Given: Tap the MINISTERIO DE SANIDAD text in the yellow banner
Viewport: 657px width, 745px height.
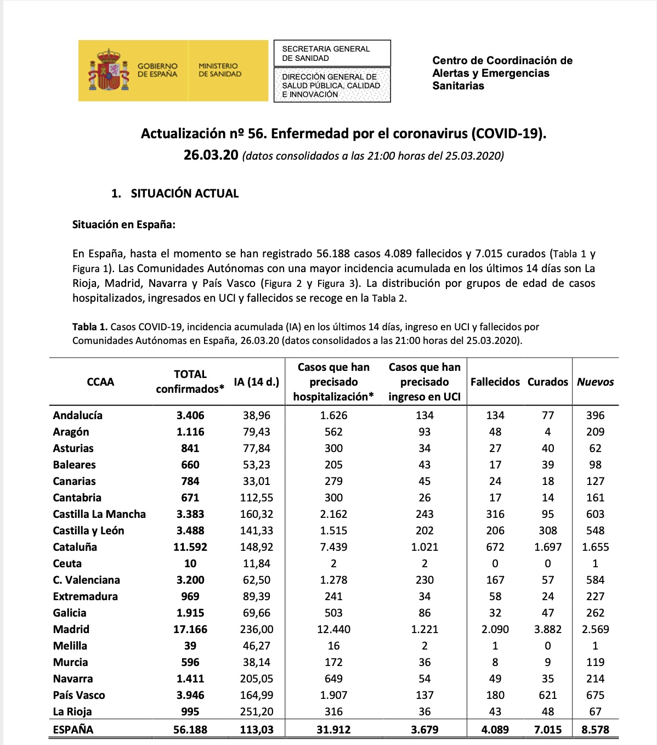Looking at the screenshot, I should coord(219,70).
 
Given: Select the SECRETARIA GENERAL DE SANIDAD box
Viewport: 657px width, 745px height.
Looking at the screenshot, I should coord(332,53).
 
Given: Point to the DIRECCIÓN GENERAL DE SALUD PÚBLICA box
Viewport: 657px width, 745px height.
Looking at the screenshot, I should coord(332,85).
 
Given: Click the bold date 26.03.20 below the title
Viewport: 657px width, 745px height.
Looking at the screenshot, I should coord(211,155).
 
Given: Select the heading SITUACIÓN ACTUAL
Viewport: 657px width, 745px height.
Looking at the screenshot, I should coord(184,193).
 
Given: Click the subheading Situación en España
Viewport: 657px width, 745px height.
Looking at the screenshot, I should coord(123,224).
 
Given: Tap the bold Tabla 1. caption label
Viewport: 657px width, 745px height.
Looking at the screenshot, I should coord(89,327).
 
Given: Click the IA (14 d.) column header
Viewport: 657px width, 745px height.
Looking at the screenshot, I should coord(256,382).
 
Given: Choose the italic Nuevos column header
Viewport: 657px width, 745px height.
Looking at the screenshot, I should coord(595,382).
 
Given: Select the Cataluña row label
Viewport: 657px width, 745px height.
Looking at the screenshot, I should coord(75,547).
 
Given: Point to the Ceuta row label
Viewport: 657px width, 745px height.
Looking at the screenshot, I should coord(67,563).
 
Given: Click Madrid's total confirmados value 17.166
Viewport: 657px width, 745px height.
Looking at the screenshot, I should coord(190,629).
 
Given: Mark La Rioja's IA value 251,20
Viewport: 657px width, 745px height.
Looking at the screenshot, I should coord(256,712).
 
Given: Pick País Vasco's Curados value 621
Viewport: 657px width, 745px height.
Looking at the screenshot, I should coord(547,695).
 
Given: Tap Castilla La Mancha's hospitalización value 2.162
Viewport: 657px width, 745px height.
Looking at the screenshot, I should coord(333,514).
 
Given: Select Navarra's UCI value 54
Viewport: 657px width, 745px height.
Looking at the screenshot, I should coord(424,679).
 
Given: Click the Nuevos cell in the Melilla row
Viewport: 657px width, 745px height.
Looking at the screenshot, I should coord(595,646).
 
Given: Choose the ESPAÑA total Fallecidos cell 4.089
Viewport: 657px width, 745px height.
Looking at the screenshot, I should coord(495,730).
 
